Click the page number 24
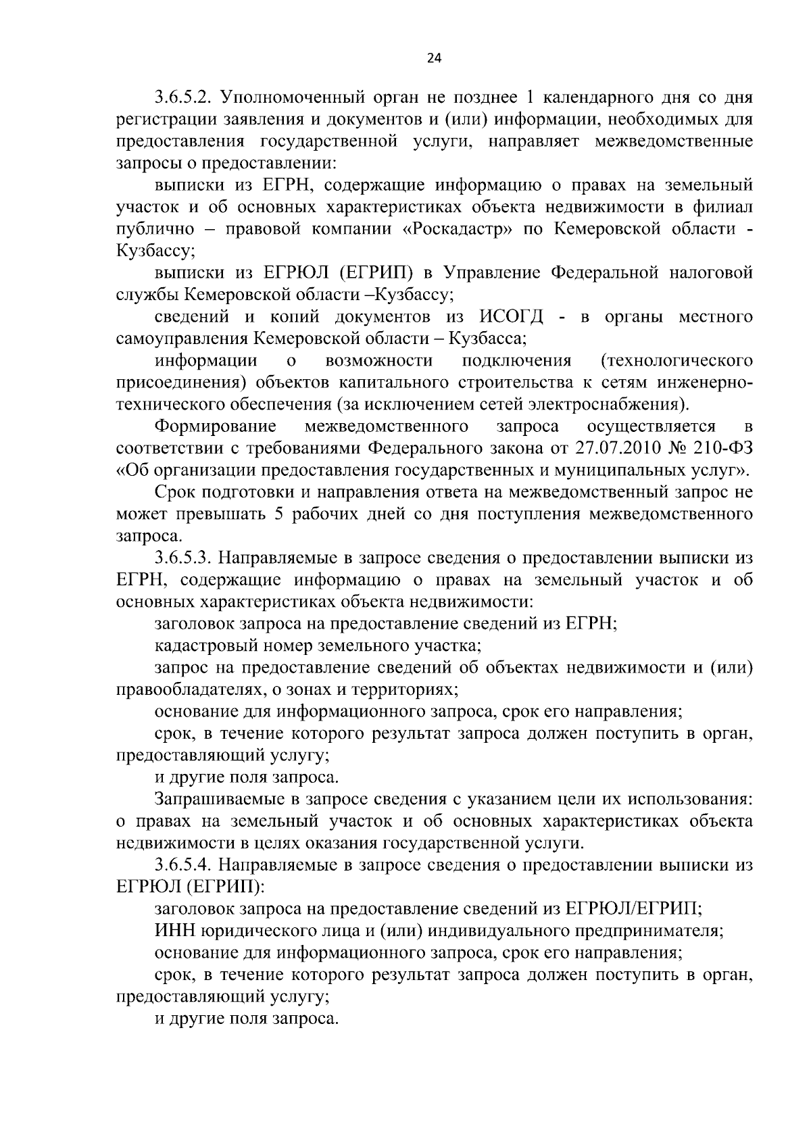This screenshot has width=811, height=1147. click(434, 58)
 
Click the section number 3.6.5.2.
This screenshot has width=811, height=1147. click(182, 97)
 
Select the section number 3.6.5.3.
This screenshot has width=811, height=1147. click(182, 558)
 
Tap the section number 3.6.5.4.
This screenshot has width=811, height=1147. click(182, 865)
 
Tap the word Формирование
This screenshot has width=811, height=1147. click(216, 427)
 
